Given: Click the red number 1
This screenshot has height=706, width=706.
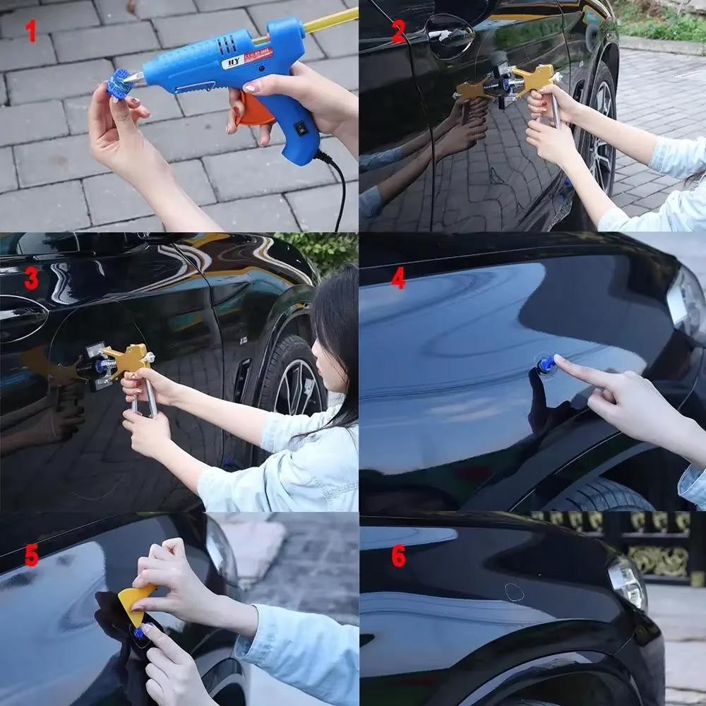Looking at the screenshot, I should (30, 32).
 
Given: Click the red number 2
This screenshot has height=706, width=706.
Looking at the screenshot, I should (398, 32).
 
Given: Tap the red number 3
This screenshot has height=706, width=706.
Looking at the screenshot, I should (31, 278).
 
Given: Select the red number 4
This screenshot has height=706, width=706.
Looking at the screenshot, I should (398, 278).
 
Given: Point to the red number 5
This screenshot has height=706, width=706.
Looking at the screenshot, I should (31, 556).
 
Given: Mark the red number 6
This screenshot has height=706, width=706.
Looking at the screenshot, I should (398, 556).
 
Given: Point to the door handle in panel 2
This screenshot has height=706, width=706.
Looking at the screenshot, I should (450, 35).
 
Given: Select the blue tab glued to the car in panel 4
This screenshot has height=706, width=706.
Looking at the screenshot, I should (545, 365).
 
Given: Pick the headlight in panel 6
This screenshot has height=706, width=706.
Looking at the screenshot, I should (626, 581).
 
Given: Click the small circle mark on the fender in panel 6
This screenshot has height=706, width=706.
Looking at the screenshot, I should (515, 592).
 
